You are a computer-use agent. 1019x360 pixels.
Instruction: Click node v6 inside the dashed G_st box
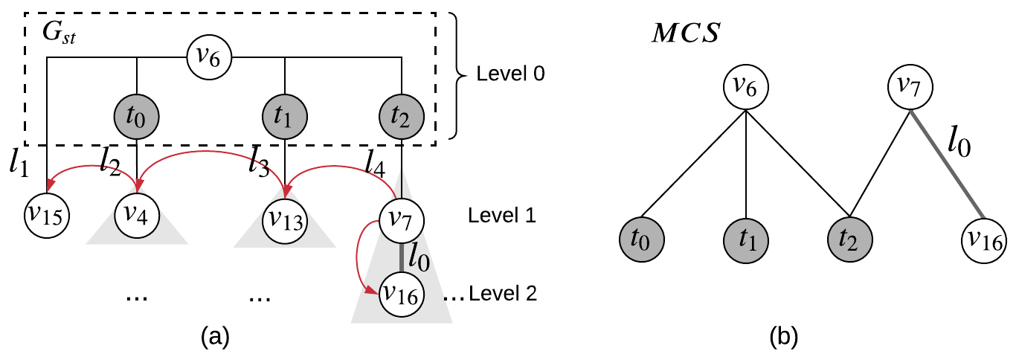pos(210,56)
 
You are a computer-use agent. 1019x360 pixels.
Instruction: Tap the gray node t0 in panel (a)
pos(137,117)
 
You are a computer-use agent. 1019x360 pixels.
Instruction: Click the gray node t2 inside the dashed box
pos(402,117)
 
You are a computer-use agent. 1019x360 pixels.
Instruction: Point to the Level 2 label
pos(501,295)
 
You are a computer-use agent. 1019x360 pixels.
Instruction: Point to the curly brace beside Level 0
pos(462,75)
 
